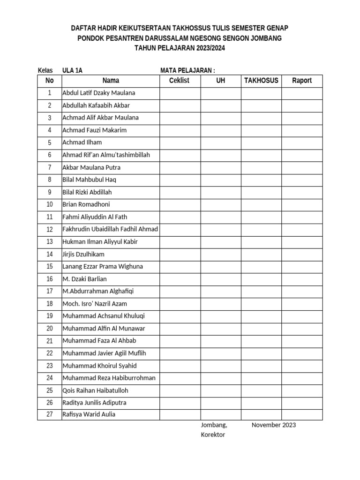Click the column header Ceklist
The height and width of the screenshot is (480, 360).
[179, 81]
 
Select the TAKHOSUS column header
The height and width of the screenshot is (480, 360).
[261, 81]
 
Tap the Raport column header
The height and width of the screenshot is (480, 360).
[302, 81]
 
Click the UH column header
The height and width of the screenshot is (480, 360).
[221, 81]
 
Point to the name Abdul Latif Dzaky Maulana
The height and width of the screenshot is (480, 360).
[98, 93]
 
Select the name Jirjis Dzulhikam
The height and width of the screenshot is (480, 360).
[83, 254]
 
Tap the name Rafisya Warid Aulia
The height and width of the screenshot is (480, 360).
[89, 414]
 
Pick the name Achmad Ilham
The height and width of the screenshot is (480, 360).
[82, 142]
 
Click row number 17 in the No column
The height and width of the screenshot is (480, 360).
[50, 291]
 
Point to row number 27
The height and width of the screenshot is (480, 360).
[50, 414]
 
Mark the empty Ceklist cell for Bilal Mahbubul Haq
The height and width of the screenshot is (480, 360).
[180, 180]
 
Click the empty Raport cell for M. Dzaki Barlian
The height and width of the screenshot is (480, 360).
[302, 279]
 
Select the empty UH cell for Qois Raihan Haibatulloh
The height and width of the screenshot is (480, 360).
[221, 390]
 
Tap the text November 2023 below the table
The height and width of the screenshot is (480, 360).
[274, 425]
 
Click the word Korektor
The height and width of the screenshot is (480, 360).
[213, 435]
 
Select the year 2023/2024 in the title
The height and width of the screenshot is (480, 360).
[206, 48]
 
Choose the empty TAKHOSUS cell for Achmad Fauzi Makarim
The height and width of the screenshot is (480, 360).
[261, 130]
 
